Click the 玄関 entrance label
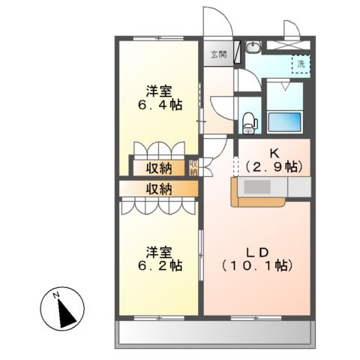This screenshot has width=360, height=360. coord(218,54)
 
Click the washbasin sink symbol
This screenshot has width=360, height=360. coord(253,49)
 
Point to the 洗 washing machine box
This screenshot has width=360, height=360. coord(301,64)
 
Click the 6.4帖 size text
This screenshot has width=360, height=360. coord(158,106)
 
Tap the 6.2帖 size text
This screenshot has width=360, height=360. coord(158,265)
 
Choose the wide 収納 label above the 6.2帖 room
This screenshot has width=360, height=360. coord(158,188)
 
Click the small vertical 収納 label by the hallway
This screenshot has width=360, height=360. coord(193,166)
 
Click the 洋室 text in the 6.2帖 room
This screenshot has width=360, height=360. coord(158,251)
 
